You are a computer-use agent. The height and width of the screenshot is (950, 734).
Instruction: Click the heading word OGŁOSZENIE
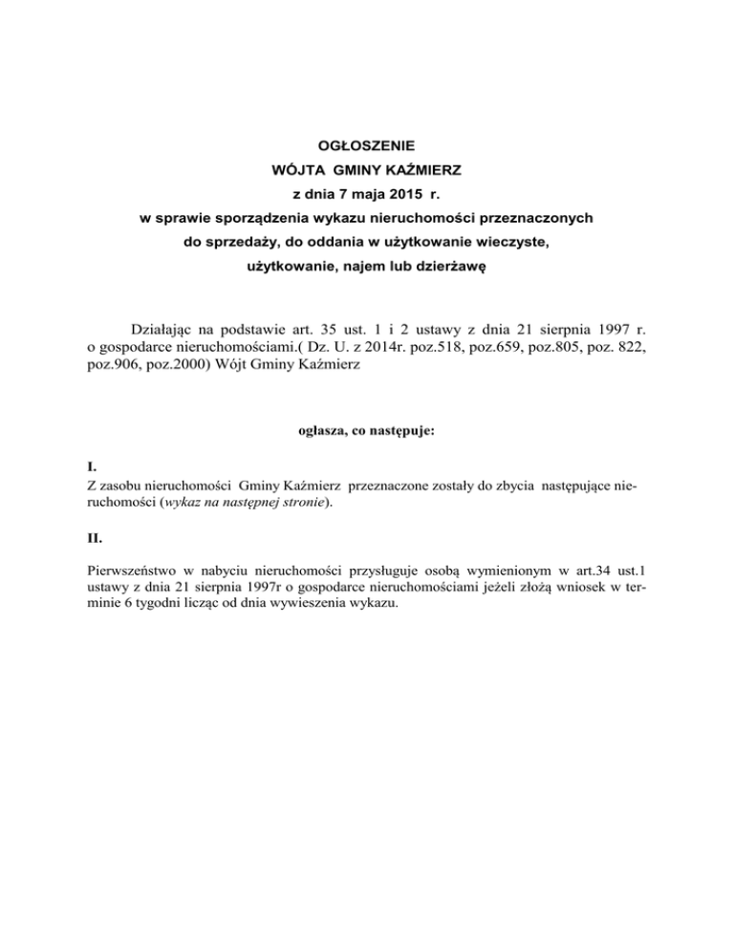(x=366, y=146)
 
